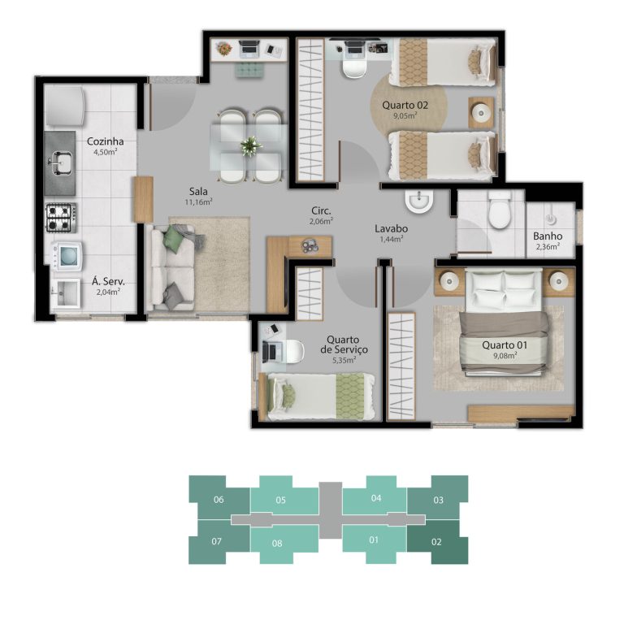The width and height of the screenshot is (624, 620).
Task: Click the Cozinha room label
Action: click(105, 141)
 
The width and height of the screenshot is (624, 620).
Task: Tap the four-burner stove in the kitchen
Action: click(61, 218)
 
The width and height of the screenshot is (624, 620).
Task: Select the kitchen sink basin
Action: click(60, 163)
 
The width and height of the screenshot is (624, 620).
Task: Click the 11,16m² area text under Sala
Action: click(198, 202)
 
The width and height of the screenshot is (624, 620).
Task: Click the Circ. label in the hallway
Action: click(321, 211)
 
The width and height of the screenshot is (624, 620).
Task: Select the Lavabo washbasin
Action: click(419, 200)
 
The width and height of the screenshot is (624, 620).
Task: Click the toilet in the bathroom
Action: click(499, 210)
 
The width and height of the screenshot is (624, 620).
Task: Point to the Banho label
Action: click(548, 236)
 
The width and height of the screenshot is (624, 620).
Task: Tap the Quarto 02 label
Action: click(405, 105)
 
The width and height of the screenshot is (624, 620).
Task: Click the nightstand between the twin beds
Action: click(482, 113)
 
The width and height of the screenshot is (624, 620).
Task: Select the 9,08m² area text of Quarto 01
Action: click(505, 355)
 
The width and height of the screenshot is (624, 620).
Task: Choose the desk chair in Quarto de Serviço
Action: click(295, 351)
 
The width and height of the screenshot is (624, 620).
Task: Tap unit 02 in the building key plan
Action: click(437, 542)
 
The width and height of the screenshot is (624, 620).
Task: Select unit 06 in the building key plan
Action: click(219, 500)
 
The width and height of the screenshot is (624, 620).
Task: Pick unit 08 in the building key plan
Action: click(277, 543)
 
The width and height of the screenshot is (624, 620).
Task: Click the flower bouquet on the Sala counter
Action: click(224, 49)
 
